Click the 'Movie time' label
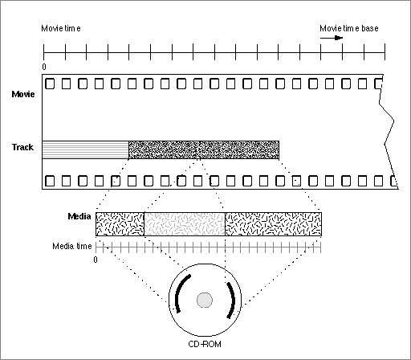click(x=61, y=28)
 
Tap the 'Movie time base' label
click(x=349, y=28)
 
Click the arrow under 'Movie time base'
click(x=332, y=38)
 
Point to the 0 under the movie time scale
click(x=44, y=67)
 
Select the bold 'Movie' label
click(x=23, y=94)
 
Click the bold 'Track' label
click(x=22, y=147)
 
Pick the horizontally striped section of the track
click(x=85, y=149)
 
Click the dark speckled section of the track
click(x=204, y=149)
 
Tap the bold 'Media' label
click(x=79, y=216)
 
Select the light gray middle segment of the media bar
click(x=185, y=224)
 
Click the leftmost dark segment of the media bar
click(x=120, y=224)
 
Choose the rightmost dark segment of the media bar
click(x=273, y=224)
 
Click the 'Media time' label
click(x=72, y=246)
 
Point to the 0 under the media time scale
click(x=96, y=260)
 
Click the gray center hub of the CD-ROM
click(x=205, y=300)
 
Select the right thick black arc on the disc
click(x=232, y=300)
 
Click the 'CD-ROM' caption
click(x=205, y=344)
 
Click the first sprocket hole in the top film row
click(x=50, y=84)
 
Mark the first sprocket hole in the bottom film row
click(x=50, y=181)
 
